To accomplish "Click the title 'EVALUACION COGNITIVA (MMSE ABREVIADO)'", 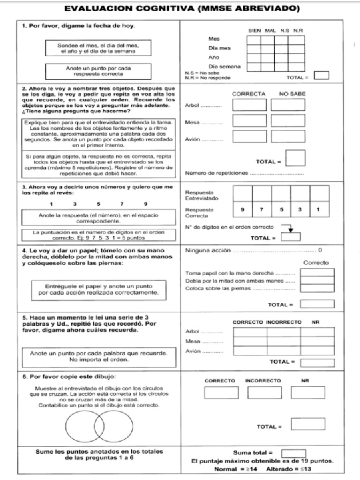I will click(182, 9).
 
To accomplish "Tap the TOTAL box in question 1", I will click(321, 75).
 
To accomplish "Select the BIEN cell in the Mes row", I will click(254, 39).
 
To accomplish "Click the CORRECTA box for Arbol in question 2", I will click(249, 105).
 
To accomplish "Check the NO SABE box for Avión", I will click(287, 136).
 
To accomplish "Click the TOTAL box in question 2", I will click(295, 158).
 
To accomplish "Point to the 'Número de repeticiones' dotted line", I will click(276, 173).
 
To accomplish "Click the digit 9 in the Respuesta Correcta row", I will click(242, 210).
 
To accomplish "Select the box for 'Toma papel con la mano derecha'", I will click(317, 273).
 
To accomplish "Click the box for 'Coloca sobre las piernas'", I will click(317, 288).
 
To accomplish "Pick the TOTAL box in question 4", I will click(317, 304).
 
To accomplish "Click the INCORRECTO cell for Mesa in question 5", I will click(284, 341).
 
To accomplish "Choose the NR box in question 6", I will click(307, 392).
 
